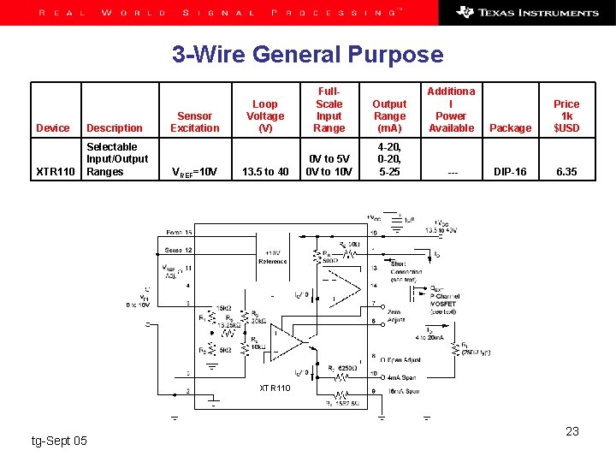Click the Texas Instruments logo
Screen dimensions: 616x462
[x=527, y=13]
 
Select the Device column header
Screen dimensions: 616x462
[x=53, y=128]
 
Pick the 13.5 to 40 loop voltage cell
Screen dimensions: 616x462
[x=265, y=172]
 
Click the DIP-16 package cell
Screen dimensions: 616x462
[x=511, y=172]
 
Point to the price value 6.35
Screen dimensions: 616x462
[x=566, y=172]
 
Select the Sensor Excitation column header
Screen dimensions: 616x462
[x=194, y=122]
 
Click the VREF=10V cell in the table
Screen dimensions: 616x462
[x=194, y=172]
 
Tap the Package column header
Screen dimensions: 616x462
[x=511, y=128]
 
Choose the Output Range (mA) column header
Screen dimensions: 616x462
[x=390, y=116]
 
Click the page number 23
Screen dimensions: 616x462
[x=572, y=431]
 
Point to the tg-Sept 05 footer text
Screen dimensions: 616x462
[x=59, y=441]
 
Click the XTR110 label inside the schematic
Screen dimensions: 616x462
[x=275, y=388]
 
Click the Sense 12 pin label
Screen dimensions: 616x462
[x=178, y=250]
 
